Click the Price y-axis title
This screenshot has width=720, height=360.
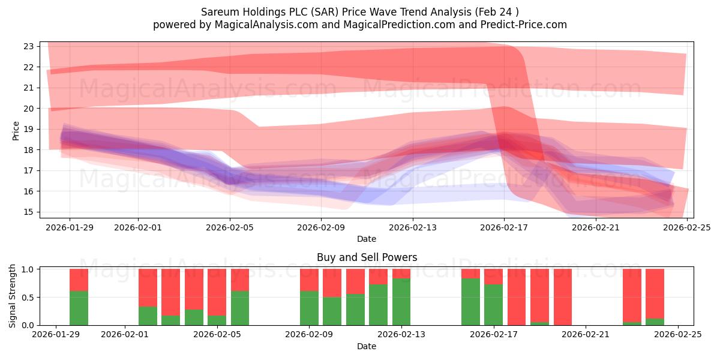click(x=16, y=130)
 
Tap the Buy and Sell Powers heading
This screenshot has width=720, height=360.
click(x=367, y=257)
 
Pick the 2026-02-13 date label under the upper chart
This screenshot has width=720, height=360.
click(x=413, y=227)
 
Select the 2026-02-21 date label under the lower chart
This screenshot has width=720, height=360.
click(x=585, y=335)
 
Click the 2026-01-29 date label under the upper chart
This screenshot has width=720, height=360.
click(x=70, y=227)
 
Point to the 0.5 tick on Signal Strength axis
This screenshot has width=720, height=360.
click(x=28, y=298)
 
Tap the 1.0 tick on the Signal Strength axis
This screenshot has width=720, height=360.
click(x=28, y=269)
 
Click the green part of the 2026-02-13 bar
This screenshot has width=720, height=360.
click(x=401, y=302)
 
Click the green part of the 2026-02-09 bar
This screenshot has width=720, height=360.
click(x=309, y=308)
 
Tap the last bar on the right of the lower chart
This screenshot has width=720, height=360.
click(x=655, y=294)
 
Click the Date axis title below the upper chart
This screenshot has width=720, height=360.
click(x=367, y=239)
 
